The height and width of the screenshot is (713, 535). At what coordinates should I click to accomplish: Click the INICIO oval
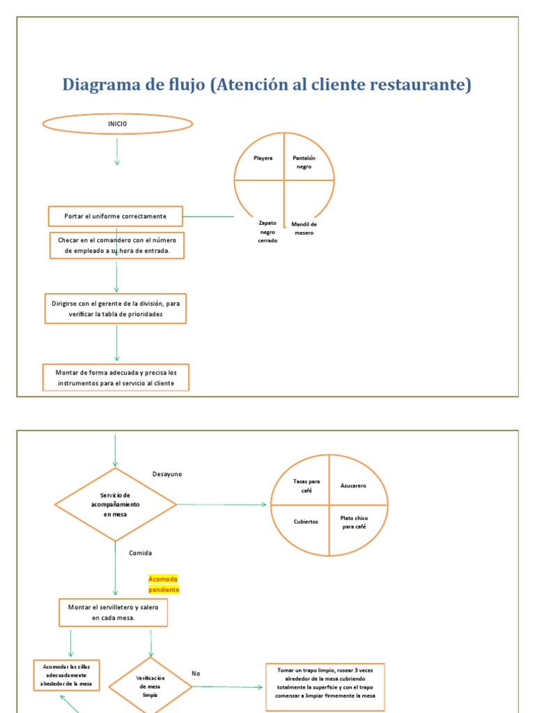pos(117,125)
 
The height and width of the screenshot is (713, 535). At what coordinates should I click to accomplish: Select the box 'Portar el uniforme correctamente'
pos(116,216)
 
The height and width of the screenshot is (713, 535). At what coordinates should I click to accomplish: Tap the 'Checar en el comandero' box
pos(116,246)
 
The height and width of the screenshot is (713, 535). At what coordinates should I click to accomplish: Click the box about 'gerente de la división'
pos(116,309)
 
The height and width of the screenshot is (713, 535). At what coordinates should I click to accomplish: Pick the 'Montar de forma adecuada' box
pos(116,377)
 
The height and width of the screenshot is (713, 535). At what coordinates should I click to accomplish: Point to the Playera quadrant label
pos(263,158)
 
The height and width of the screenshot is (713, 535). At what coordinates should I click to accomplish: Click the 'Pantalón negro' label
pos(303,162)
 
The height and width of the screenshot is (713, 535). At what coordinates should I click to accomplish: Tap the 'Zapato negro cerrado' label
pos(267,232)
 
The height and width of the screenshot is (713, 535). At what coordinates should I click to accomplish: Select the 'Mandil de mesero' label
pos(304,228)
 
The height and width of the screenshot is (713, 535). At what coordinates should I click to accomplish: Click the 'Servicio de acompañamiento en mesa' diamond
pos(116,504)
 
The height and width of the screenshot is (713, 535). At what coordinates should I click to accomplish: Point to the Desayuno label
pos(167,474)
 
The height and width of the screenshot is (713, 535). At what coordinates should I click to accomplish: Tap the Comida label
pos(140,553)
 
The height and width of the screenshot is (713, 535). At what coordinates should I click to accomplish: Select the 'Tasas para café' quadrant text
pos(301,486)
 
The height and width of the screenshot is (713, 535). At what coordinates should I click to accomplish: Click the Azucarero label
pos(353,486)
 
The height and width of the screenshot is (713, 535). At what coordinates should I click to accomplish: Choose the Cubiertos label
pos(306,522)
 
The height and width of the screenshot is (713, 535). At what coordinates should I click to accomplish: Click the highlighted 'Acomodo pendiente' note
pos(164,584)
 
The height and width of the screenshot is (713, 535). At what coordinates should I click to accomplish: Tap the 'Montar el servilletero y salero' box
pos(113,612)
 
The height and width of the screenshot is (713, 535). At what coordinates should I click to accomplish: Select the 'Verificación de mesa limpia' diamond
pos(150,686)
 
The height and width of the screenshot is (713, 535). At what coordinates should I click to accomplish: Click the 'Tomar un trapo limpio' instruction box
pos(325,682)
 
